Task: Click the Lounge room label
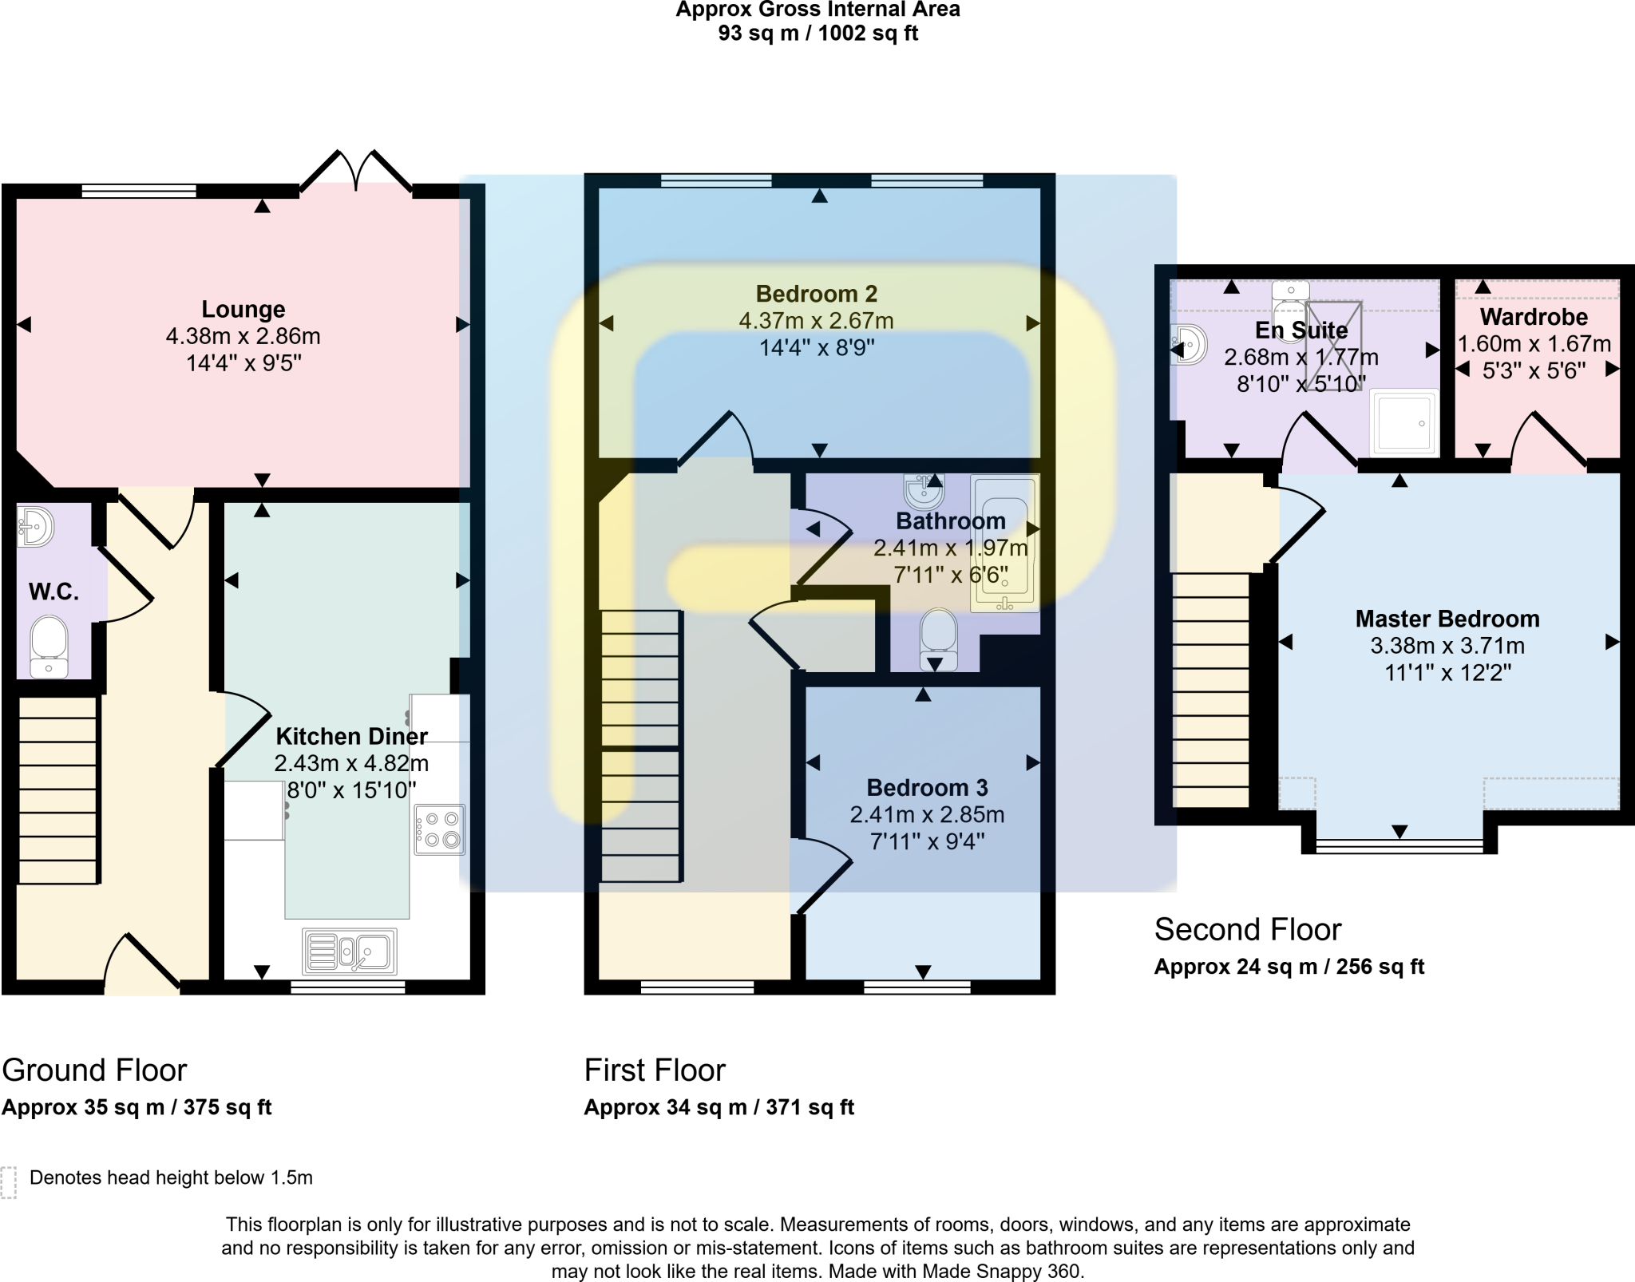click(243, 309)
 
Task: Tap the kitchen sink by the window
click(350, 951)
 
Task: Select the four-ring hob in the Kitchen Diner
click(439, 829)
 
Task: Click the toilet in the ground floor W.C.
click(49, 645)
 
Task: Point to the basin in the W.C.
click(35, 525)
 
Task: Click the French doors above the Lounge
click(357, 171)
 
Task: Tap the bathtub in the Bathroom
click(1004, 543)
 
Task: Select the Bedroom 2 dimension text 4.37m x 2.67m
click(816, 321)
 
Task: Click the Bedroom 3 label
click(927, 788)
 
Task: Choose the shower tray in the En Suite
click(1403, 422)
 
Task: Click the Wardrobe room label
click(1534, 317)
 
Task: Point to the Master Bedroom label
click(1447, 619)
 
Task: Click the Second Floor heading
click(1247, 929)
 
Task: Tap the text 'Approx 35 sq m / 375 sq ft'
click(137, 1107)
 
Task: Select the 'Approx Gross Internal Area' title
click(817, 10)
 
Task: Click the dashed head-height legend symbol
click(9, 1182)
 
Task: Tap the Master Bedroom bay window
click(1399, 845)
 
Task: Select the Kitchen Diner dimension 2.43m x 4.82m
click(351, 763)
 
